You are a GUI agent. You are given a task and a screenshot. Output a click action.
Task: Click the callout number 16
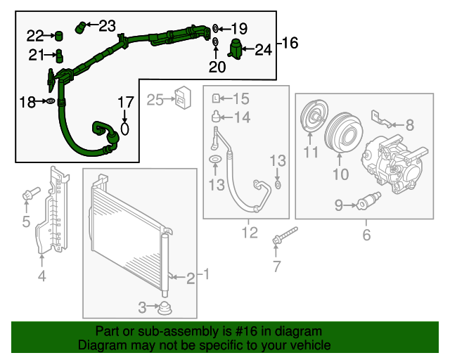tap(290, 44)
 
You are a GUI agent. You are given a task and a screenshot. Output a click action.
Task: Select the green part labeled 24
tap(237, 49)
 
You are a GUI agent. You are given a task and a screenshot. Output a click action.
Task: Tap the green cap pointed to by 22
tap(59, 35)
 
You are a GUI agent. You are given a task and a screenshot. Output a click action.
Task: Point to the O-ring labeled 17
tap(125, 129)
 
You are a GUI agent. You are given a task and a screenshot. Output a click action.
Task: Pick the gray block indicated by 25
tap(184, 97)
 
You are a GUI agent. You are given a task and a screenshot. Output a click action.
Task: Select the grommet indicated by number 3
tap(166, 307)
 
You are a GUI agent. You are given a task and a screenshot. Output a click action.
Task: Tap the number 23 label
tap(107, 26)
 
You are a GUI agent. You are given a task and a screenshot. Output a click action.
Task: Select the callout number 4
tap(41, 276)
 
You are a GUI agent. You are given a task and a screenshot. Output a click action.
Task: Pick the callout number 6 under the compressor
tap(366, 234)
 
